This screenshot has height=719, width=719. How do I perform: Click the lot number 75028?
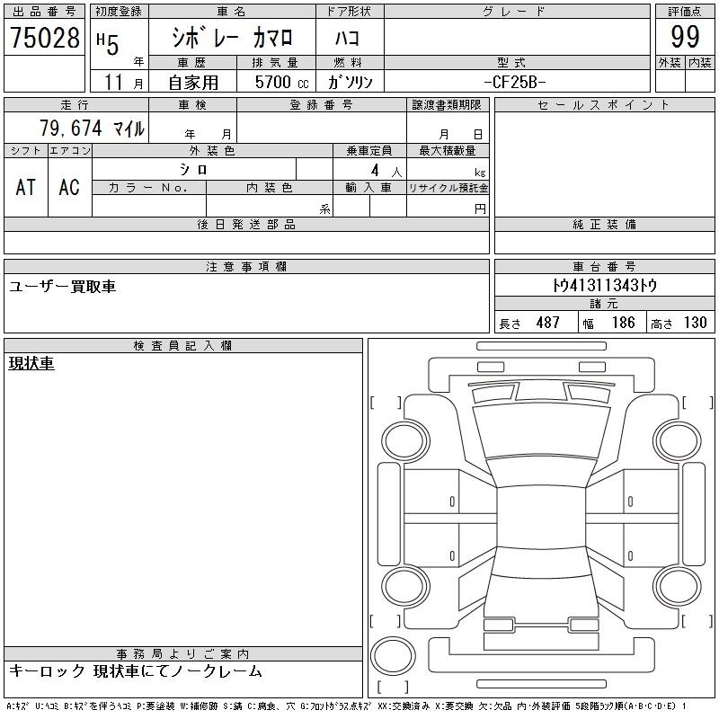(45, 37)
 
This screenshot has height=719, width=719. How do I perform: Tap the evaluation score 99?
(685, 37)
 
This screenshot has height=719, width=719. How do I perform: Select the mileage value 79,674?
(71, 128)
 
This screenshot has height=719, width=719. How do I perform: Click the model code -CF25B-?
(515, 82)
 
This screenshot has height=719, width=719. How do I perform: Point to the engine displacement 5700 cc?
(281, 82)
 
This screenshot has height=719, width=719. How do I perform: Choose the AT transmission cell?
(26, 187)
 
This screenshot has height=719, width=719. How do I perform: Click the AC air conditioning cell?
(69, 187)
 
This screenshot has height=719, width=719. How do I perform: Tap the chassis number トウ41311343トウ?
(604, 285)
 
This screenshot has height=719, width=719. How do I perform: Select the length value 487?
(547, 323)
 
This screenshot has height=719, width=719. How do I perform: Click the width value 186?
(623, 323)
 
